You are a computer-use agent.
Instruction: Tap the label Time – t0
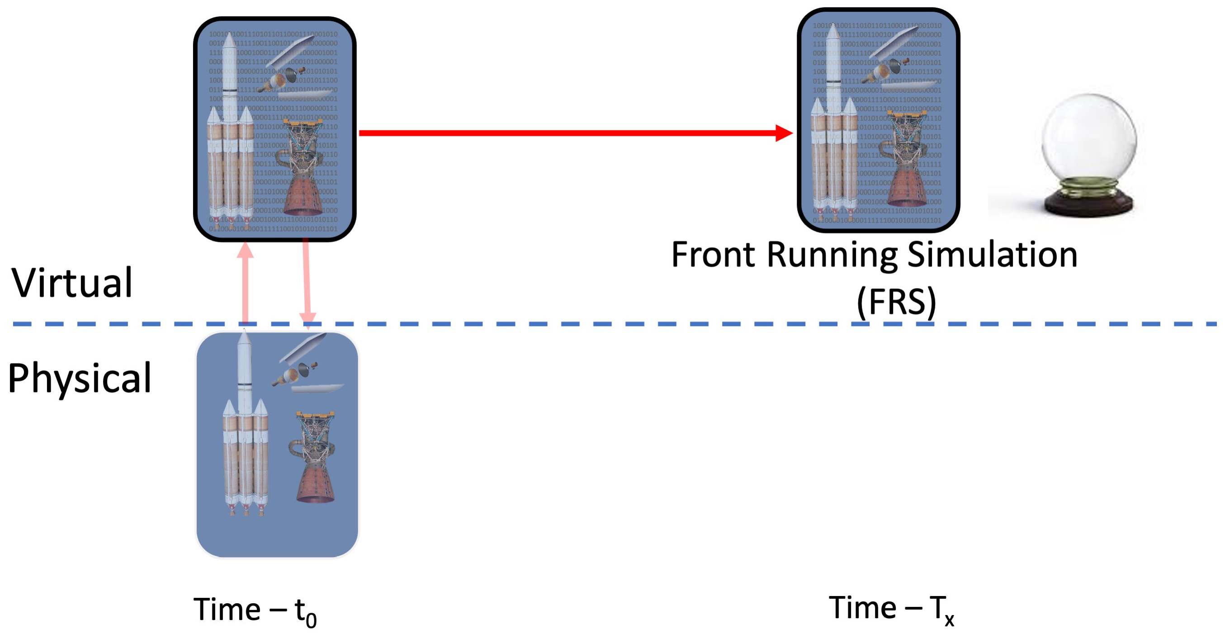pyautogui.click(x=255, y=610)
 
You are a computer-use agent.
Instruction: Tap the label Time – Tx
pyautogui.click(x=891, y=609)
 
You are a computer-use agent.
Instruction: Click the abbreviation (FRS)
pyautogui.click(x=896, y=302)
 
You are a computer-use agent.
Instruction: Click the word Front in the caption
pyautogui.click(x=712, y=255)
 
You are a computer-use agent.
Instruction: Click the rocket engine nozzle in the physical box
pyautogui.click(x=315, y=480)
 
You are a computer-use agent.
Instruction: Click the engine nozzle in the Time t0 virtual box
pyautogui.click(x=303, y=193)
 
